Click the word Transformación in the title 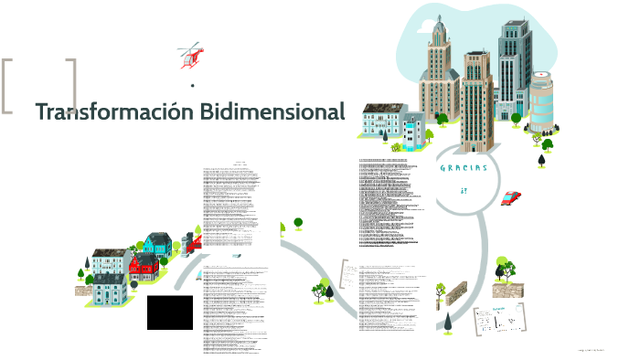(x=102, y=112)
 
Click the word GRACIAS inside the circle (x=464, y=168)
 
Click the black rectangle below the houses (x=170, y=312)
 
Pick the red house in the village (x=143, y=267)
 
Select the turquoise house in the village (x=157, y=244)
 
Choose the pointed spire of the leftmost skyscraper (x=439, y=23)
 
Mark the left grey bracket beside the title (x=8, y=87)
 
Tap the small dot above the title (x=192, y=86)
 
